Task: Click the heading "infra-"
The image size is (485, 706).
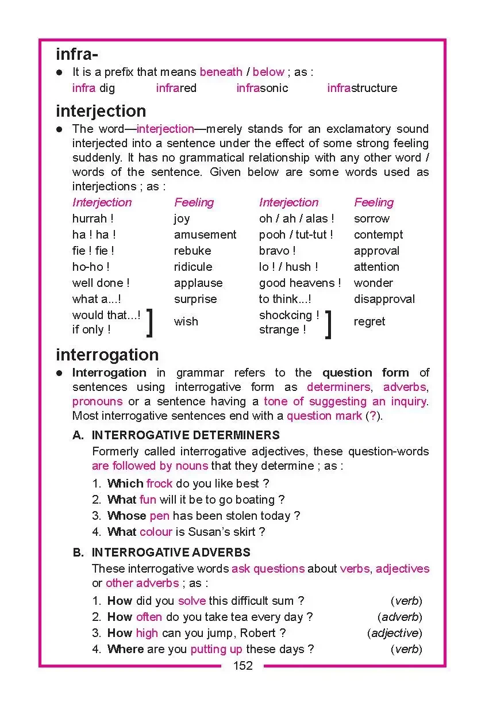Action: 77,55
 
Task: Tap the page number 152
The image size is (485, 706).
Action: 242,666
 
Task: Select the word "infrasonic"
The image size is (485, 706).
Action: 262,88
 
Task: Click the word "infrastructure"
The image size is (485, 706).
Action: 362,88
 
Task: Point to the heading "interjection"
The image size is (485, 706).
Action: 101,111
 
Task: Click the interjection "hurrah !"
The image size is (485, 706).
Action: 93,218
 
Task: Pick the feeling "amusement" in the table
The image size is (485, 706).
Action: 205,235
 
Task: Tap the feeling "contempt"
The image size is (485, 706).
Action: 378,235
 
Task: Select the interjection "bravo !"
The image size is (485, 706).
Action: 277,251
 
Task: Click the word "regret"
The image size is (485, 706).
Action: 369,321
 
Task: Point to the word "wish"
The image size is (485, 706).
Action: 186,321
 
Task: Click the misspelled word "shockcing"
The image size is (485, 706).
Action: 285,315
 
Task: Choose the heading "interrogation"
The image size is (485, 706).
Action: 107,355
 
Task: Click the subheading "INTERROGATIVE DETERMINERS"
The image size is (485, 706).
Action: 186,435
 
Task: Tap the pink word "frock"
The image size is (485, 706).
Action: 159,484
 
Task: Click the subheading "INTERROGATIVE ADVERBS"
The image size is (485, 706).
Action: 171,552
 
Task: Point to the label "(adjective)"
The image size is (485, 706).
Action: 394,633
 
